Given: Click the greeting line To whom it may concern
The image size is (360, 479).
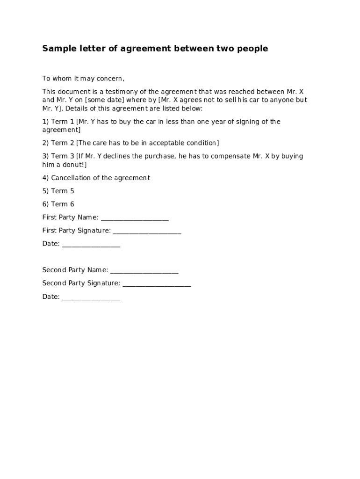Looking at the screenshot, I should pyautogui.click(x=83, y=79).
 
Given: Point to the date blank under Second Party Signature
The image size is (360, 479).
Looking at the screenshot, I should pyautogui.click(x=91, y=298).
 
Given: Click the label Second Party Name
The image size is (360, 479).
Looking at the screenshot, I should pyautogui.click(x=75, y=270).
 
